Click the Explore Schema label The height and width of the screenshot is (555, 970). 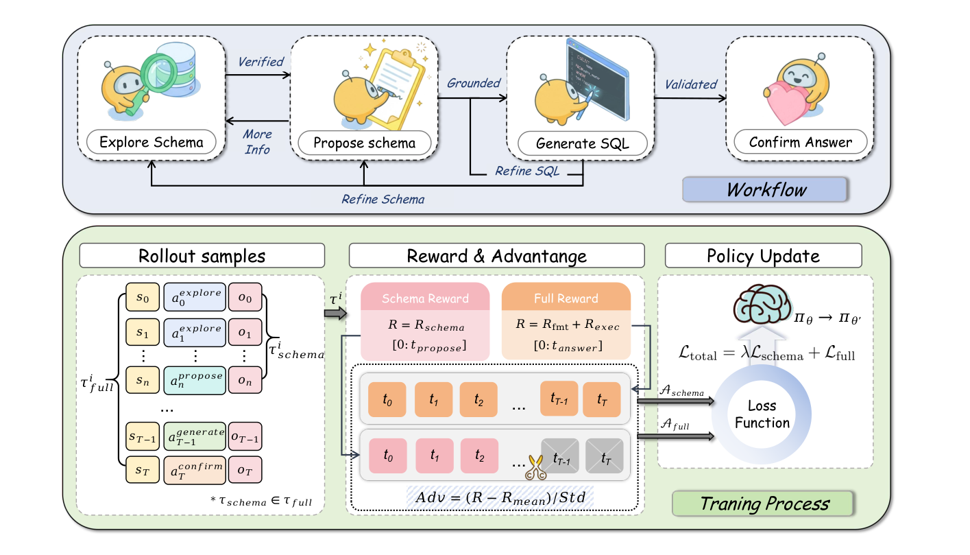pyautogui.click(x=151, y=143)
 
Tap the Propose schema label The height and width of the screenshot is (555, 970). pyautogui.click(x=363, y=143)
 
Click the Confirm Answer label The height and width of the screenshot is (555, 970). pyautogui.click(x=800, y=143)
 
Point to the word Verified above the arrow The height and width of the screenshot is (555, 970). pyautogui.click(x=260, y=62)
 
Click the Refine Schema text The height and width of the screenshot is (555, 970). pyautogui.click(x=383, y=200)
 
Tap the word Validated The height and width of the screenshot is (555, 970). pyautogui.click(x=690, y=84)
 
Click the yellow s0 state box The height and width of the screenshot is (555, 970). pyautogui.click(x=143, y=297)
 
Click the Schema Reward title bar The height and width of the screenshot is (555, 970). pyautogui.click(x=425, y=298)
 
